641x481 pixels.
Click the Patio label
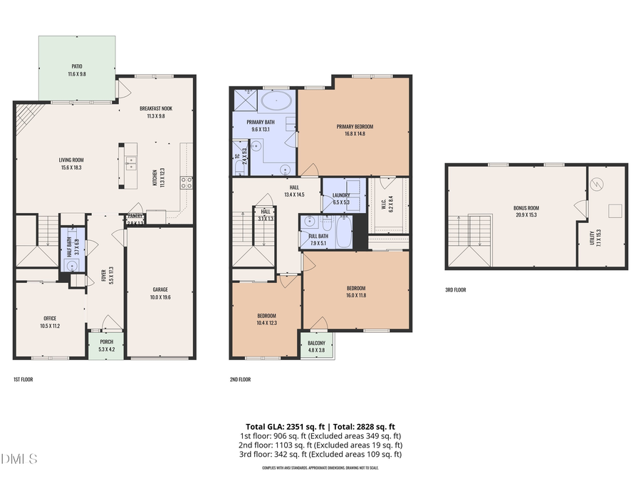click(x=76, y=66)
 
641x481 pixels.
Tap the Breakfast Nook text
click(x=155, y=108)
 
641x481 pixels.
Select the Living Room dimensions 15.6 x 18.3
click(x=71, y=167)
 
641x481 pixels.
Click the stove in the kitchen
click(x=186, y=181)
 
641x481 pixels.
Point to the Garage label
click(x=160, y=289)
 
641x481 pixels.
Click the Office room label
click(x=50, y=318)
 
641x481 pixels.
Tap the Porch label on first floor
click(x=106, y=342)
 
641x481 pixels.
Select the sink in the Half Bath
click(x=72, y=264)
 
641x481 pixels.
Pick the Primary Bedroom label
click(x=355, y=126)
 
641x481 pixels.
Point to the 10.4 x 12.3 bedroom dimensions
click(x=266, y=323)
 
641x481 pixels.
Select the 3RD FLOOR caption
click(x=456, y=290)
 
